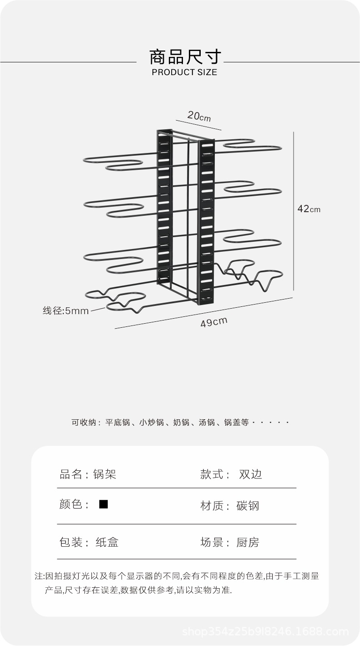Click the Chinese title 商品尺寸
185,57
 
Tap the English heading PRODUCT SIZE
184,72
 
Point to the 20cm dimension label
199,117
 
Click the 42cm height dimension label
309,209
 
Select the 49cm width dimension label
213,322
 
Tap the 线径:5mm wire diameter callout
66,311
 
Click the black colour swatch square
104,504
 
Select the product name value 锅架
105,474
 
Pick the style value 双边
250,474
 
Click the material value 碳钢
248,506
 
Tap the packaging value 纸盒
107,542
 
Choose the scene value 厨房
248,542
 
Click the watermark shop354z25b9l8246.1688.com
265,631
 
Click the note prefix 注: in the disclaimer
39,576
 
